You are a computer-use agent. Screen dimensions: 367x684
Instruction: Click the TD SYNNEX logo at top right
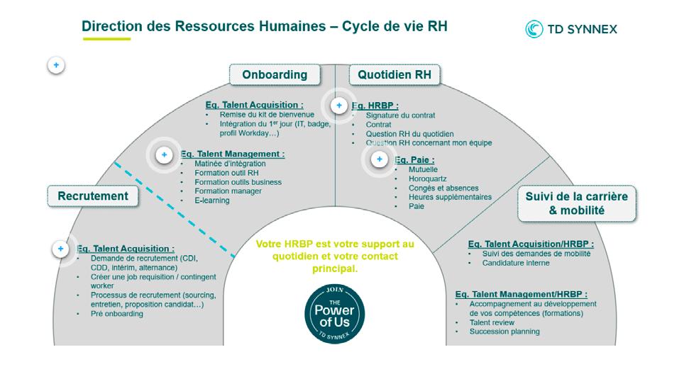[571, 29]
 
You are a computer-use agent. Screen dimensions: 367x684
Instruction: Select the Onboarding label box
[275, 74]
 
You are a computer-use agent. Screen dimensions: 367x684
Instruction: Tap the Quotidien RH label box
[395, 74]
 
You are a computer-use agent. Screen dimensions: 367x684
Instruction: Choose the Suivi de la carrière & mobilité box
[576, 203]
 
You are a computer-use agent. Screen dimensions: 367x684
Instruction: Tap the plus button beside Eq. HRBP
[339, 106]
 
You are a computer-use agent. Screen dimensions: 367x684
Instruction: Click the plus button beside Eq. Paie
[380, 159]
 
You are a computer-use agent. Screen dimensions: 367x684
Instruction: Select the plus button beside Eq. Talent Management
[165, 154]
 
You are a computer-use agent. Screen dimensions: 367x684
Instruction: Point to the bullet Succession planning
[504, 332]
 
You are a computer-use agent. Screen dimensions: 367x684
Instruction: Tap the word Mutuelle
[423, 170]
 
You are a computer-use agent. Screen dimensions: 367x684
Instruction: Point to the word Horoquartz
[429, 179]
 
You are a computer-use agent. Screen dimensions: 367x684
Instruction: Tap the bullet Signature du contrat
[400, 115]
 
